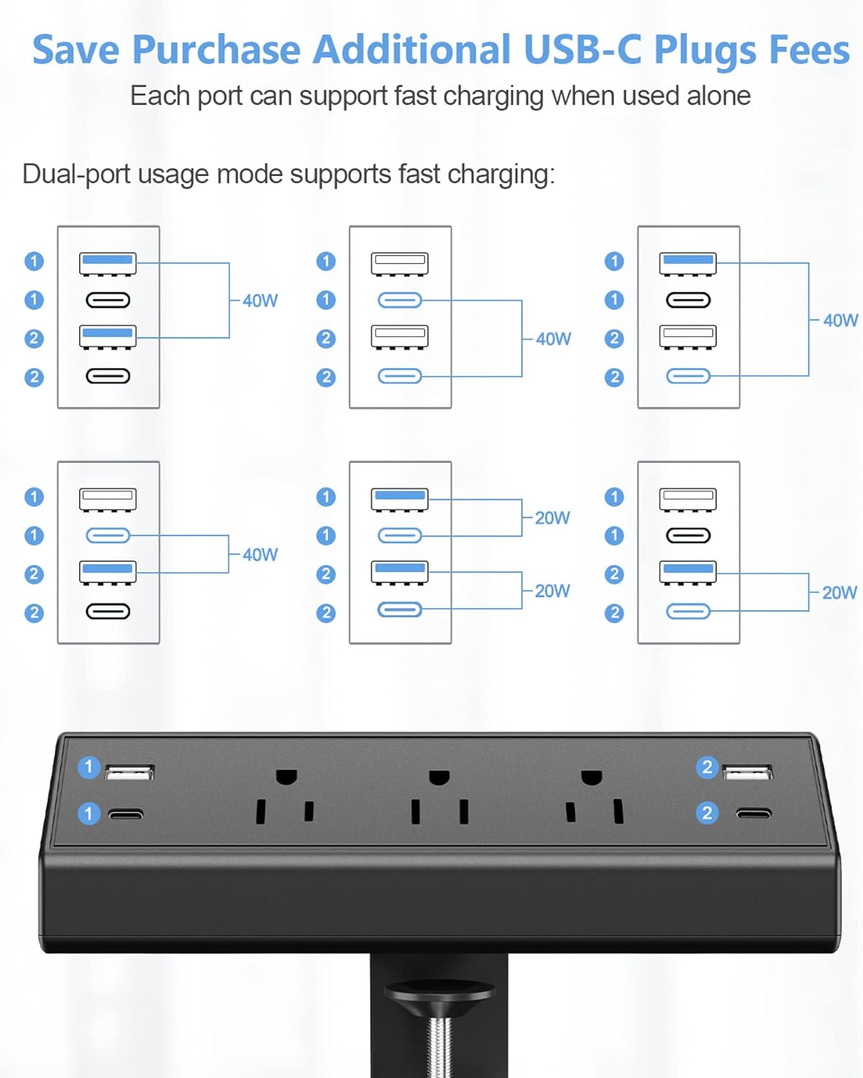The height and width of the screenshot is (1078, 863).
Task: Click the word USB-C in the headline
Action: point(582,50)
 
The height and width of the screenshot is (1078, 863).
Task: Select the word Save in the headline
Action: point(75,50)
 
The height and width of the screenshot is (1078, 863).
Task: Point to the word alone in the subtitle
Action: point(719,96)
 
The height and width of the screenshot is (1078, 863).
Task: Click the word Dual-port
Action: point(76,175)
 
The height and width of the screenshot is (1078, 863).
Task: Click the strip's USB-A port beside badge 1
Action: point(129,773)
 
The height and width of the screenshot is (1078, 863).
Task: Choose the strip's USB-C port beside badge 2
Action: point(754,814)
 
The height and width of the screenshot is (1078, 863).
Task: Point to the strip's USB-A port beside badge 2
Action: point(747,773)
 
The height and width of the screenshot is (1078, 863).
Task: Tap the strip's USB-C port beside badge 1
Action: point(126,814)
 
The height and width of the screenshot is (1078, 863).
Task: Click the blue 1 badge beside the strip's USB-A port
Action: point(89,768)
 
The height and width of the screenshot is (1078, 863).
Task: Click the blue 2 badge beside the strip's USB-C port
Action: point(707,813)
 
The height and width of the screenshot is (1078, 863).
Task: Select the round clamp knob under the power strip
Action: point(439,994)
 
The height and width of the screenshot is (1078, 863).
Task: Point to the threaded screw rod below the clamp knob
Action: point(439,1046)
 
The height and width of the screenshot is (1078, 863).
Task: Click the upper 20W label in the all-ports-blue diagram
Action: point(552,518)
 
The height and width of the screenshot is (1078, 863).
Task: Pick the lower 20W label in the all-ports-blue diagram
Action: point(552,591)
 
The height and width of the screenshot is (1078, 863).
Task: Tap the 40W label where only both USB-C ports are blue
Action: point(553,339)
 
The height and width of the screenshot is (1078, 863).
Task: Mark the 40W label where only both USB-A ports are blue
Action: point(260,301)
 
